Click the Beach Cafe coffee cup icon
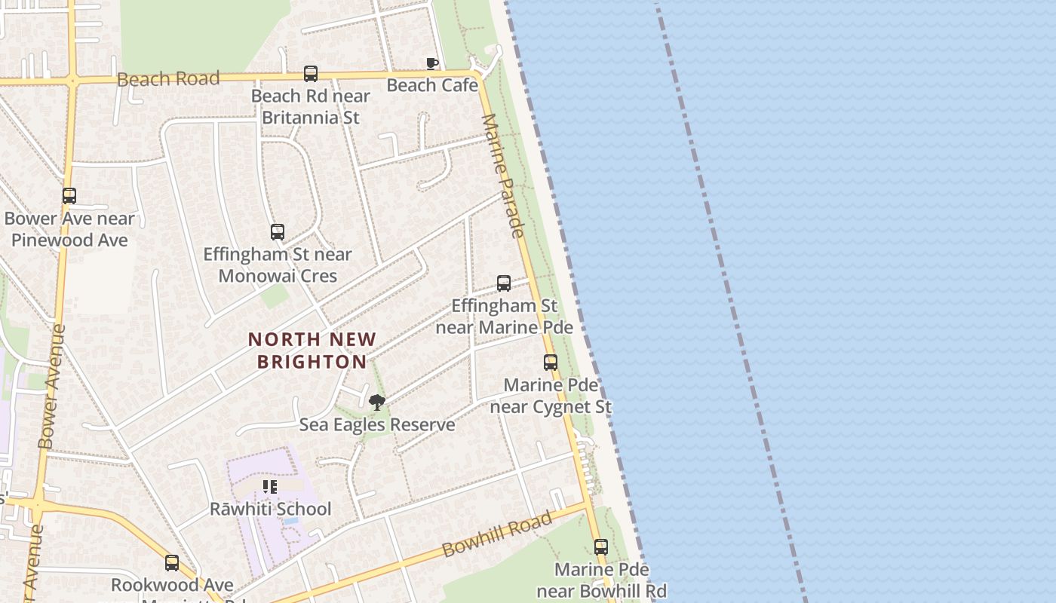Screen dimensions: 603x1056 (431, 63)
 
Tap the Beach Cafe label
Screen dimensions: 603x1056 (432, 85)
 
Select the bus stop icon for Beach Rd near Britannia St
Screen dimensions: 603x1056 (311, 74)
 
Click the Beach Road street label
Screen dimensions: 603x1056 (168, 78)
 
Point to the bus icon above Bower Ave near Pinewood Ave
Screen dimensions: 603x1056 (69, 196)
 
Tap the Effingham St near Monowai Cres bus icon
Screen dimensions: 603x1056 (278, 232)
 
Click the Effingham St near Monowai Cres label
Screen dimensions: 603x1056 (278, 265)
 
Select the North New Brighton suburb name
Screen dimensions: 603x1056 (312, 350)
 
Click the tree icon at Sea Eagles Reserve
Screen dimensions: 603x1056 (377, 403)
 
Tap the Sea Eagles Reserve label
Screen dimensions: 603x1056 (377, 424)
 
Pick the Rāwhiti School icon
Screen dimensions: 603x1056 (270, 487)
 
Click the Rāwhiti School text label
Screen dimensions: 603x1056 (270, 509)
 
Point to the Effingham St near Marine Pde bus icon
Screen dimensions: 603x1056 (504, 283)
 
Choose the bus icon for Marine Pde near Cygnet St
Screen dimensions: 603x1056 (551, 363)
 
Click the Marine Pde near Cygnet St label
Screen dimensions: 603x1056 (551, 396)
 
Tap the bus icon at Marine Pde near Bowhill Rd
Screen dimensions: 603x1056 (601, 547)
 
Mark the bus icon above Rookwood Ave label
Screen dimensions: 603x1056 (172, 563)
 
